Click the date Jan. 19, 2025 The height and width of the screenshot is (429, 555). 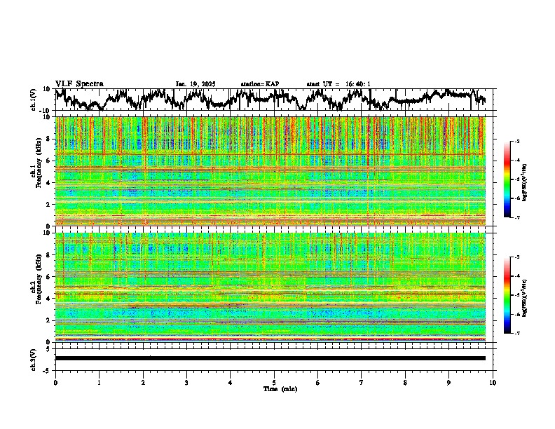196,84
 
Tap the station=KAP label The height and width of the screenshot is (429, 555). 260,84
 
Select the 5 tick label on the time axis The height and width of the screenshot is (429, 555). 274,382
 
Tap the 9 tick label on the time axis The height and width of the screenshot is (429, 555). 449,382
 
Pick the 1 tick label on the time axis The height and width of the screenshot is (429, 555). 99,382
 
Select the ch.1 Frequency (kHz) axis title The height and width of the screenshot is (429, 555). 37,172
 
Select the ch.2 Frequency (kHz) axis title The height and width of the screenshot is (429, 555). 37,287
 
